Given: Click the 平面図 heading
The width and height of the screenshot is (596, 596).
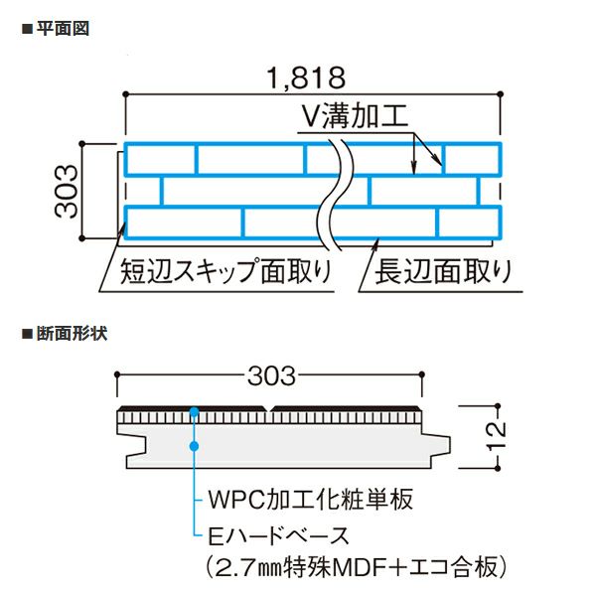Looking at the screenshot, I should click(68, 28).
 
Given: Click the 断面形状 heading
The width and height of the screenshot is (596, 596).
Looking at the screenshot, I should click(74, 333).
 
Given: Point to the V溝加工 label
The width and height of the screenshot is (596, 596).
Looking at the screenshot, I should click(355, 116).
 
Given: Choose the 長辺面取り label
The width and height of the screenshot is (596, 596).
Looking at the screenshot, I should click(437, 269).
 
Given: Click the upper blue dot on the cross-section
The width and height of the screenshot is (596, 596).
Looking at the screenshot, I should click(196, 411).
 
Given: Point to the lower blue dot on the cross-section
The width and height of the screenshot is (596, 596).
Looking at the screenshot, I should click(196, 446).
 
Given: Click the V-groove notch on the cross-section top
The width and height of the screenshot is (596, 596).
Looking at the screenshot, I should click(270, 409).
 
